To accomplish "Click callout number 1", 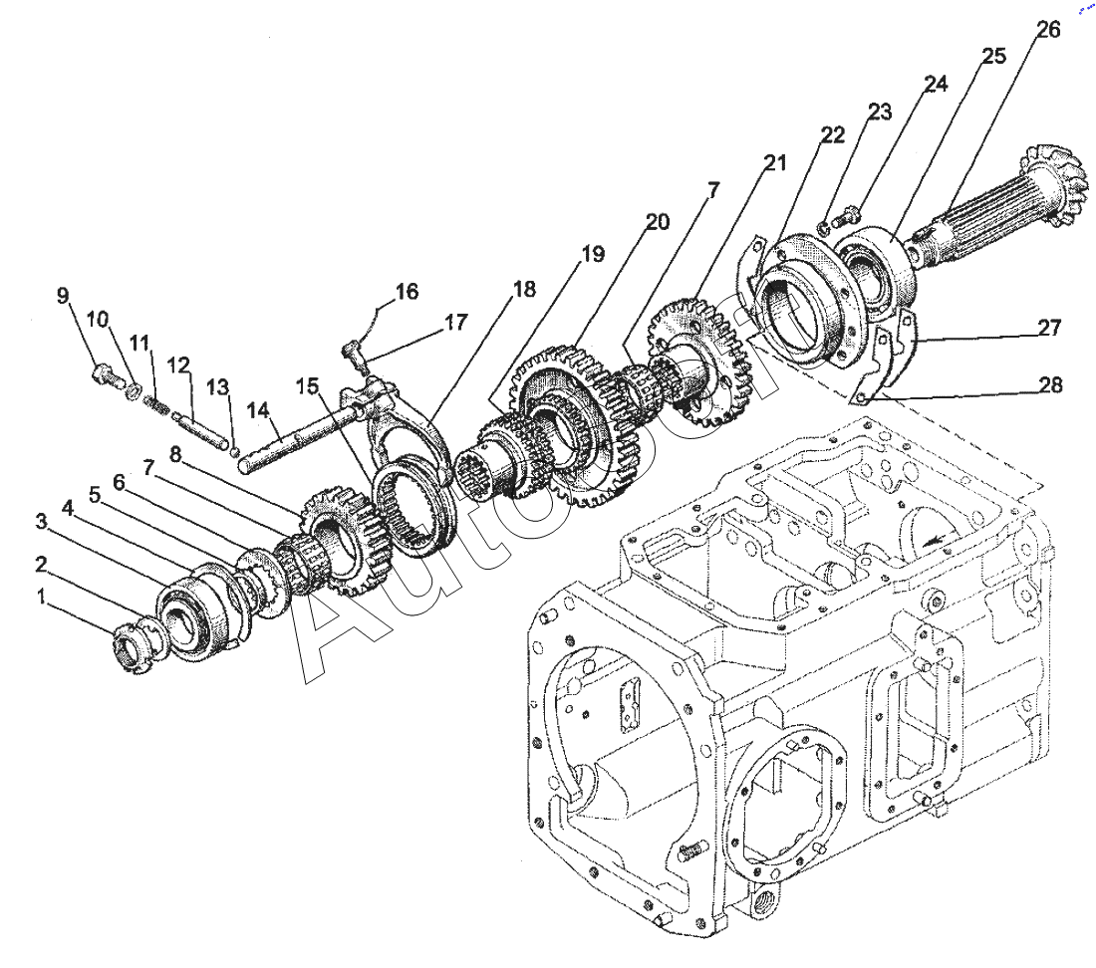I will tap(41, 597).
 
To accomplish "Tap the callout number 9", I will tap(63, 296).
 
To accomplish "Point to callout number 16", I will tap(406, 292).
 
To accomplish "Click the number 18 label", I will tap(524, 290).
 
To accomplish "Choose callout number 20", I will tap(657, 222).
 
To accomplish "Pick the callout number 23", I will tap(879, 113).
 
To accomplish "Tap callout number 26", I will tap(1047, 30).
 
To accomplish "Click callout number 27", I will tap(1047, 328).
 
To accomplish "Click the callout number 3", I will tap(41, 522).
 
